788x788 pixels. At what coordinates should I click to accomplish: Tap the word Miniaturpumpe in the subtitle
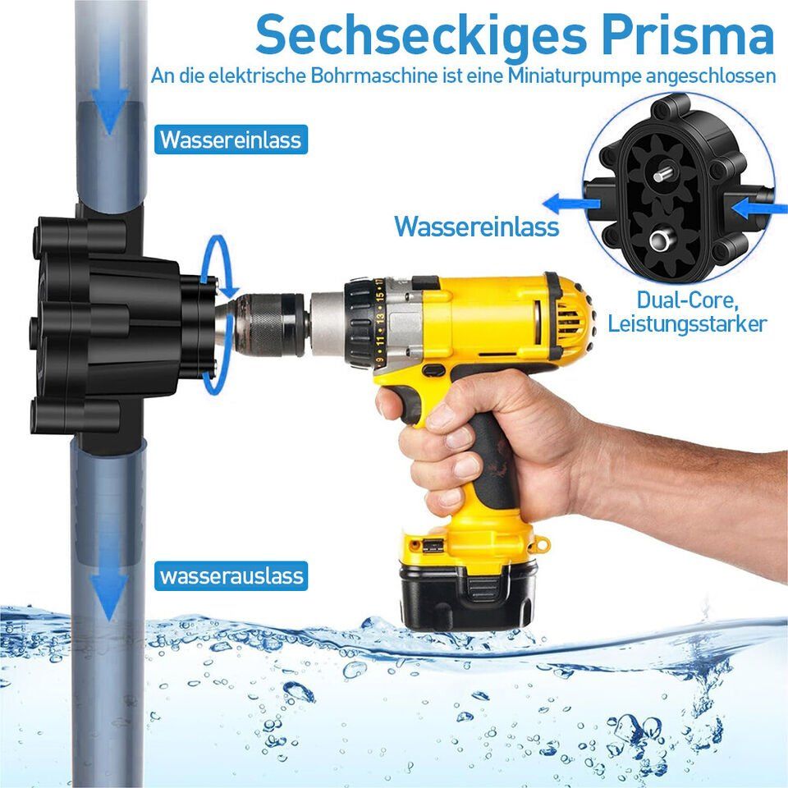(x=575, y=76)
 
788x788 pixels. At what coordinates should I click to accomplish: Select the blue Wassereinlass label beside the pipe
(x=231, y=140)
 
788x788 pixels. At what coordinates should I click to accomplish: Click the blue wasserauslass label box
(x=231, y=576)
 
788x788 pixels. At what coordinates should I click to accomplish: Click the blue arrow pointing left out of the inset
(x=572, y=204)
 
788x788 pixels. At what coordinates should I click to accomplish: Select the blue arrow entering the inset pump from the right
(x=758, y=208)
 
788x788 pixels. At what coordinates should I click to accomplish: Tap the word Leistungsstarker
(x=687, y=324)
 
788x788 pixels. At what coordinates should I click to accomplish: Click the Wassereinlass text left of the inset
(x=476, y=227)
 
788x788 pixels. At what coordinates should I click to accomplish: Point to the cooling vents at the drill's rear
(x=572, y=318)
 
